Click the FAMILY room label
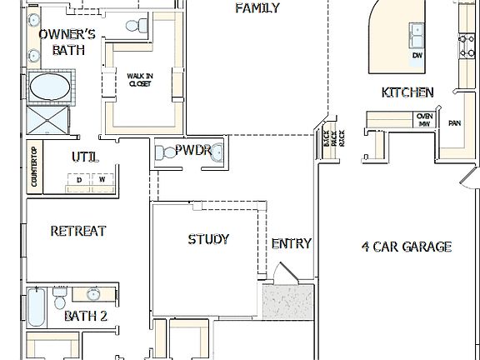257,8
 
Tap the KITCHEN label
407,92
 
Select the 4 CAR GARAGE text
406,246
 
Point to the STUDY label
208,239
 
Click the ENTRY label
292,243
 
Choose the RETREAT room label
77,231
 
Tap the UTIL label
84,157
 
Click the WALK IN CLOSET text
139,79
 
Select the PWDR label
192,151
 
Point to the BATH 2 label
86,317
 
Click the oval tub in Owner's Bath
50,87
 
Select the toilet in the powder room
162,152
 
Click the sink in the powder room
217,152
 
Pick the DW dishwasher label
417,56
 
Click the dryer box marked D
79,179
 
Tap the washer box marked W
102,179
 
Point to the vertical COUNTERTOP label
34,167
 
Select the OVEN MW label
424,120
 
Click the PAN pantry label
454,123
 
